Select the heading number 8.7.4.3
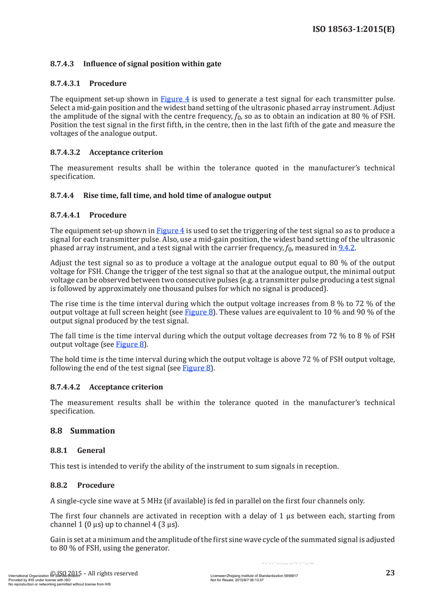[63, 64]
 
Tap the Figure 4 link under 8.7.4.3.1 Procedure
[175, 98]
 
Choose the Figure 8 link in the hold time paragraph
[196, 368]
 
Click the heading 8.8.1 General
[77, 450]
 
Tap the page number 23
[390, 573]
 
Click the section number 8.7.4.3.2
[65, 153]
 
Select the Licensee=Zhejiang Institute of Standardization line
[254, 576]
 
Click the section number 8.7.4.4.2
[65, 387]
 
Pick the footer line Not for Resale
[237, 580]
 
